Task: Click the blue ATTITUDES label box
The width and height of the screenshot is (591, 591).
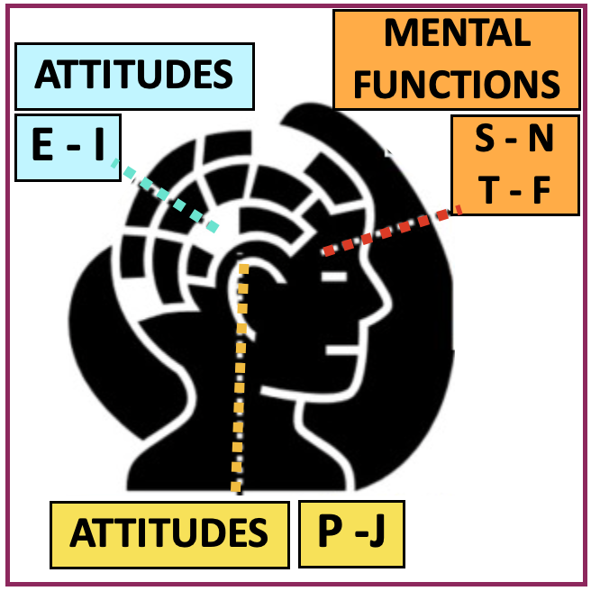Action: click(x=134, y=75)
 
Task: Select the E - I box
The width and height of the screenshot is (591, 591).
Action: click(x=68, y=145)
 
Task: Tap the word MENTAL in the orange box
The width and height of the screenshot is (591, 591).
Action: click(x=457, y=34)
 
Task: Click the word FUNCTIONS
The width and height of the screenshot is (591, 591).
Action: click(x=457, y=85)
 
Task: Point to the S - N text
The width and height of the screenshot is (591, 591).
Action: click(x=514, y=140)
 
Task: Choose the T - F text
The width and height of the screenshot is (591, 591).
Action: click(x=514, y=190)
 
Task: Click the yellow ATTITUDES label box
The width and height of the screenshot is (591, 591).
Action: click(x=169, y=534)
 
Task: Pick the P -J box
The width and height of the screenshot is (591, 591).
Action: click(x=351, y=532)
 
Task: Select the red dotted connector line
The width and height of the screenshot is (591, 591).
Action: click(x=392, y=231)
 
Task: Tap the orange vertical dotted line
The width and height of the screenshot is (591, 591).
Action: click(x=239, y=378)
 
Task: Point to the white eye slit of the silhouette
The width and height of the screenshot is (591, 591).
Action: click(x=334, y=276)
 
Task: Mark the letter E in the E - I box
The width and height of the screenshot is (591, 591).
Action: click(x=42, y=145)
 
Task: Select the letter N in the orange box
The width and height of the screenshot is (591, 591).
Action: click(x=540, y=140)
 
